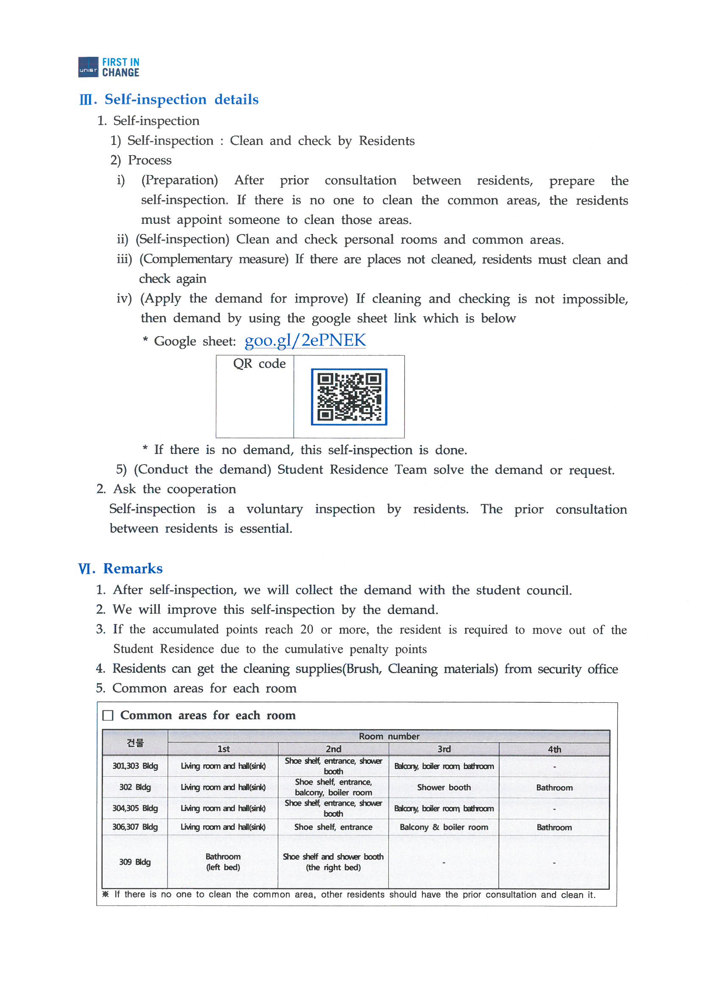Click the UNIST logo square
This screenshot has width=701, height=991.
point(88,67)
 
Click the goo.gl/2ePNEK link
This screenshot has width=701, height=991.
point(305,340)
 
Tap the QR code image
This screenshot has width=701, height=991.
point(349,397)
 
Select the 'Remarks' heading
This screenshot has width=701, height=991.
point(133,568)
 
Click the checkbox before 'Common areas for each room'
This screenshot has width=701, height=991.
point(108,715)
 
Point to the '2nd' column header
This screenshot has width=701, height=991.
point(333,749)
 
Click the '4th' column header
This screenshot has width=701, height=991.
point(554,749)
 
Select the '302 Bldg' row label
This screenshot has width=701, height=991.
point(135,787)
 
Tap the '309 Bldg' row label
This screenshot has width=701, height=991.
point(135,862)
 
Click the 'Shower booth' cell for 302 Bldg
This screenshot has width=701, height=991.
point(444,787)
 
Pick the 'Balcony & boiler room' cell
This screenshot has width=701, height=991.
point(444,827)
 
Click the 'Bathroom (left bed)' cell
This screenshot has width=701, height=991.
point(223,862)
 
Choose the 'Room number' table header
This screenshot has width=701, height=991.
point(389,736)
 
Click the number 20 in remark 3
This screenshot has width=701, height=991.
point(307,629)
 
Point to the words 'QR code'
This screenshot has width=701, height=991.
point(259,363)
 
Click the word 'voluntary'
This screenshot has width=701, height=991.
point(274,509)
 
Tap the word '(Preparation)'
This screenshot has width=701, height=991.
point(180,180)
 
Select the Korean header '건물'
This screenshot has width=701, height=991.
point(135,742)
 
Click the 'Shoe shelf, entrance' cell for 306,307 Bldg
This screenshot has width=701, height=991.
point(333,827)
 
